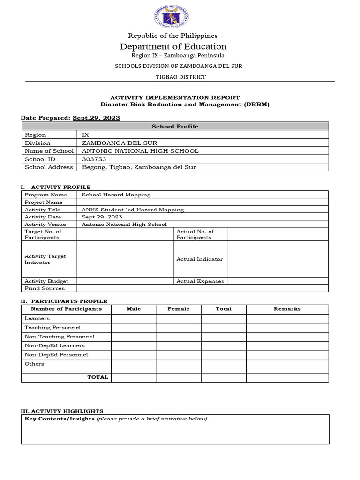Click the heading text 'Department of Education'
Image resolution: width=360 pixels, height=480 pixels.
(x=173, y=46)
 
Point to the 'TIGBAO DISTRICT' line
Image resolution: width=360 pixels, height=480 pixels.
(x=179, y=77)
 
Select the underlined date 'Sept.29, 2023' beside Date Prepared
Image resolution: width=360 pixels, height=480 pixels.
(x=96, y=118)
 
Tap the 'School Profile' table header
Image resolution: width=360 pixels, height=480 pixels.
(x=175, y=127)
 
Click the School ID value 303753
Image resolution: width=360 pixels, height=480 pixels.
(x=94, y=159)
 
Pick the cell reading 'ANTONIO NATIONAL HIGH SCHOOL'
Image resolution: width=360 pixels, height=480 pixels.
(x=140, y=151)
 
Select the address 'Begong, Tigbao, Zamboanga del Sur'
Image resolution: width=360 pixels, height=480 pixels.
(x=139, y=167)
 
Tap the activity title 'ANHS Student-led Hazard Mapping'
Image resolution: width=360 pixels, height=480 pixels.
(x=133, y=210)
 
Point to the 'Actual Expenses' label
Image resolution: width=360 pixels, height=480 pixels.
(x=200, y=281)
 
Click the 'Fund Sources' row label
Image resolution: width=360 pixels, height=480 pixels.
(x=45, y=288)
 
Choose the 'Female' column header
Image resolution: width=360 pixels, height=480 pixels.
(x=179, y=309)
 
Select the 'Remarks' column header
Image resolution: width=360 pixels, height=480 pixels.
(x=287, y=309)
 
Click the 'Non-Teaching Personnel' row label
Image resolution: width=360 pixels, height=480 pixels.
(x=60, y=337)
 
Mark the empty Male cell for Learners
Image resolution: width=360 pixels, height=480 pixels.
(x=134, y=318)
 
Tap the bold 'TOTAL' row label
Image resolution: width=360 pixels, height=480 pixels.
(x=97, y=377)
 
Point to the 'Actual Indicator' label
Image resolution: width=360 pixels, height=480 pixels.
(x=199, y=259)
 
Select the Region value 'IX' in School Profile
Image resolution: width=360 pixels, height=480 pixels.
(x=86, y=135)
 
